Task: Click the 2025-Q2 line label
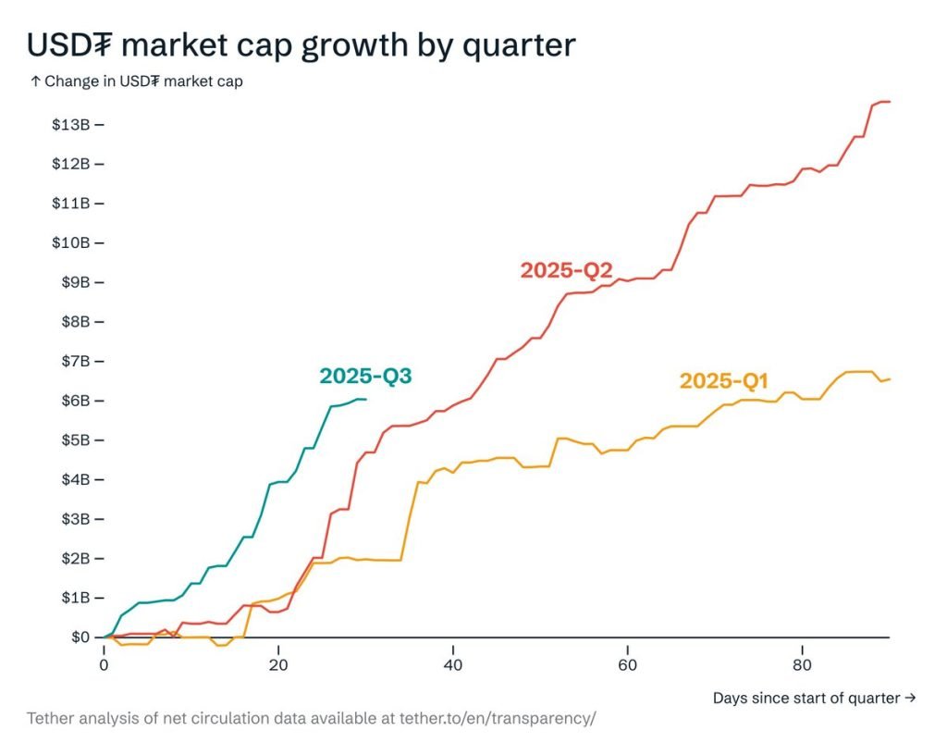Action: tap(567, 270)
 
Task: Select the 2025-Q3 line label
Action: tap(365, 376)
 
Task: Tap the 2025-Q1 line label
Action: tap(724, 380)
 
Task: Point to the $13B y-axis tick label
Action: tap(70, 124)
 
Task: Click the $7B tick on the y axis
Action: tap(74, 361)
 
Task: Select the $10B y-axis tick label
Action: tap(70, 242)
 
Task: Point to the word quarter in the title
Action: tap(525, 46)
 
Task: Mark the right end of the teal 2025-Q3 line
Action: tap(366, 399)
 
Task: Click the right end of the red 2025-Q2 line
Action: tap(889, 102)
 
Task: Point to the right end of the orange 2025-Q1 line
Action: tap(889, 378)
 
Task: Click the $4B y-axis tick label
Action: tap(74, 479)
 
